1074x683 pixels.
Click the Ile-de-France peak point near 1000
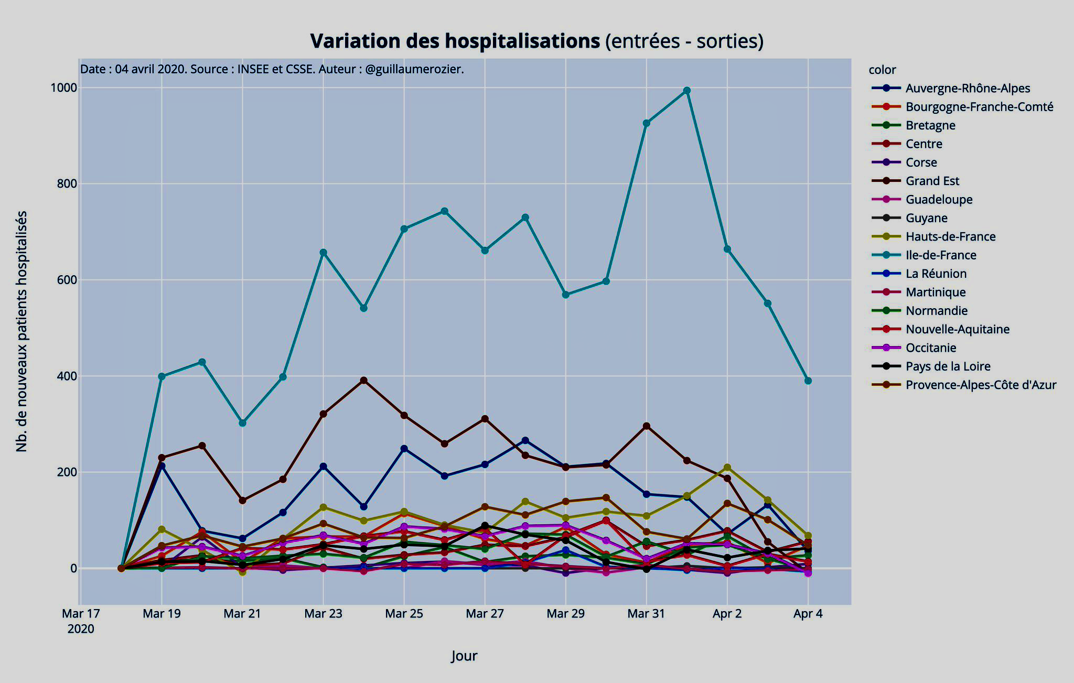[x=687, y=91]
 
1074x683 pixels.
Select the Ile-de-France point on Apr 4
[x=808, y=381]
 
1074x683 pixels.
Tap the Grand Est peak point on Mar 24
[x=363, y=381]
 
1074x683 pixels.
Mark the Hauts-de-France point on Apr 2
[x=727, y=467]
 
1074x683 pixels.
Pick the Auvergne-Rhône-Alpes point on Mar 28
[x=525, y=440]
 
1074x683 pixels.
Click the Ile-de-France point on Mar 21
[x=242, y=422]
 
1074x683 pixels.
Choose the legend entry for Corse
[x=921, y=162]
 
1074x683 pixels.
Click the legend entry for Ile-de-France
[x=941, y=255]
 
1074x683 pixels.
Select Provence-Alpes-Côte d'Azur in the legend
[x=981, y=385]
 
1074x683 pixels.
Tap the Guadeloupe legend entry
[x=939, y=200]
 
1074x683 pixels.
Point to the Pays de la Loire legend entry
[x=948, y=366]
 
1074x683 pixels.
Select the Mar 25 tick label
[x=404, y=614]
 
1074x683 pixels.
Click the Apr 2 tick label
[x=727, y=614]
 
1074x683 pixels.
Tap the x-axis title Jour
[x=464, y=656]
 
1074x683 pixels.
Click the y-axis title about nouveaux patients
[x=22, y=331]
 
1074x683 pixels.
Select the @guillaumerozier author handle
[x=414, y=69]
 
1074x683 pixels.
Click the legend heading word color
[x=882, y=70]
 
